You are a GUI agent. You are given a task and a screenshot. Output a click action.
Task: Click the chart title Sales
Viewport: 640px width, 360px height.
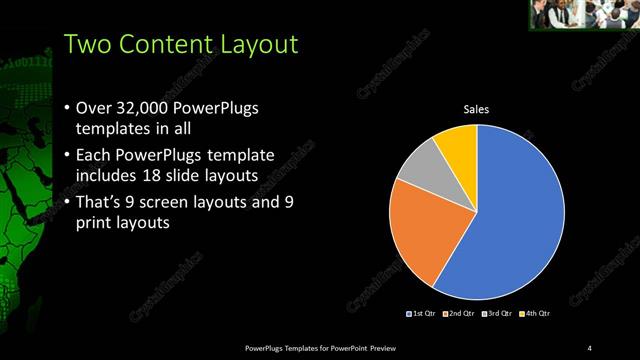coord(476,109)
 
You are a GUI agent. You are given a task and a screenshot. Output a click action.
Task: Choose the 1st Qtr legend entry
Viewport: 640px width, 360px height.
coord(422,315)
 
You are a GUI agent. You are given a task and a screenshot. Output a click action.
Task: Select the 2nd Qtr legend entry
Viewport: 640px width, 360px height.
coord(459,315)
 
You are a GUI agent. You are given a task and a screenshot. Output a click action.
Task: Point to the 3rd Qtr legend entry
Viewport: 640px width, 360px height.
coord(498,315)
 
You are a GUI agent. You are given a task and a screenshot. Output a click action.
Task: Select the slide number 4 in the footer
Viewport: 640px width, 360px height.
coord(589,347)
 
